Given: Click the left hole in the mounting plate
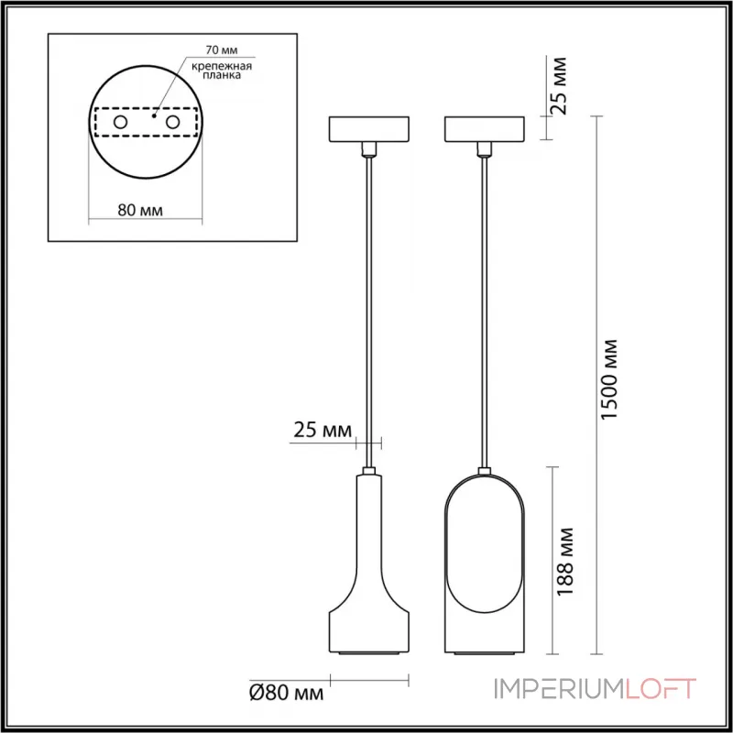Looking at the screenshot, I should pyautogui.click(x=120, y=122).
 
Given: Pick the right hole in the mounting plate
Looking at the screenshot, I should pyautogui.click(x=171, y=122).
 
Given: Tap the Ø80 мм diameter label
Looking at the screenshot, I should pyautogui.click(x=286, y=694).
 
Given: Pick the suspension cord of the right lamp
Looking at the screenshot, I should pyautogui.click(x=483, y=302).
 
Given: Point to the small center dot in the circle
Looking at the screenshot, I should pyautogui.click(x=154, y=116).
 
